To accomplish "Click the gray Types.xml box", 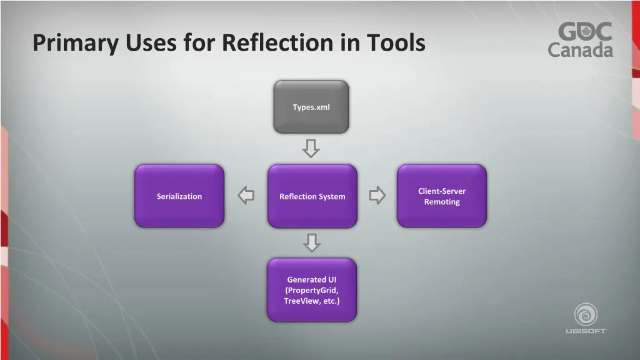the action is (311, 107).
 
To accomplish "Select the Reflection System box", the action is (312, 196).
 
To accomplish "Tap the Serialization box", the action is (179, 196).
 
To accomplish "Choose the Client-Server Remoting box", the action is (441, 196).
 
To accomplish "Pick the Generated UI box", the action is (311, 290).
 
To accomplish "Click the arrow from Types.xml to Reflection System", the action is (311, 149).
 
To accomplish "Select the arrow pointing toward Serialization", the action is (246, 196).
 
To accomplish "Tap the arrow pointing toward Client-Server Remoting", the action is (377, 196).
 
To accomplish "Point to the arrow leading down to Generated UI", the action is (311, 242).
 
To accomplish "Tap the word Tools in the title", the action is (395, 43).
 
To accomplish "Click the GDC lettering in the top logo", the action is (585, 32).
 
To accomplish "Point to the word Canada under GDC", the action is (581, 50).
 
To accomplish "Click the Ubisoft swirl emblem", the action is (586, 314).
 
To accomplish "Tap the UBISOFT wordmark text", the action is (586, 331).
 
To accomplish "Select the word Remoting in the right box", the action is (442, 202).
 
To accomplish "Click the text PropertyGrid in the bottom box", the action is (312, 291).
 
